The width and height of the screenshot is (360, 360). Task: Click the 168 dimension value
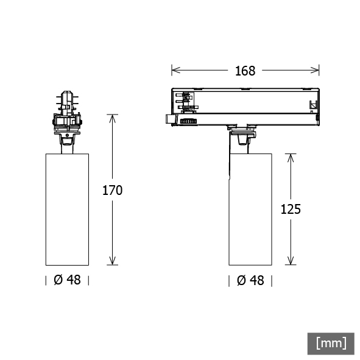click(x=245, y=71)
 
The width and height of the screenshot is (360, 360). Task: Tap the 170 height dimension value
click(x=112, y=190)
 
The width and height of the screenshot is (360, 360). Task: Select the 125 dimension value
click(x=291, y=209)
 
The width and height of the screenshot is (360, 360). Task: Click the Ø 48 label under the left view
click(x=67, y=280)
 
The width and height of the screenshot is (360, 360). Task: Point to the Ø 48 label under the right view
click(x=250, y=280)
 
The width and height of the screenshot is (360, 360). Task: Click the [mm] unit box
click(x=331, y=344)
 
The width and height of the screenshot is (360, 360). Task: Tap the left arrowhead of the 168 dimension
click(x=175, y=70)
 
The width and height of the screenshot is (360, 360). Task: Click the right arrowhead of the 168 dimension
click(x=315, y=70)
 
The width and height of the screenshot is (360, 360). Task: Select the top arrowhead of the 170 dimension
click(x=112, y=118)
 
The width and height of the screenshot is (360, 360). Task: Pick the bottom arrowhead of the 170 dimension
click(x=112, y=261)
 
